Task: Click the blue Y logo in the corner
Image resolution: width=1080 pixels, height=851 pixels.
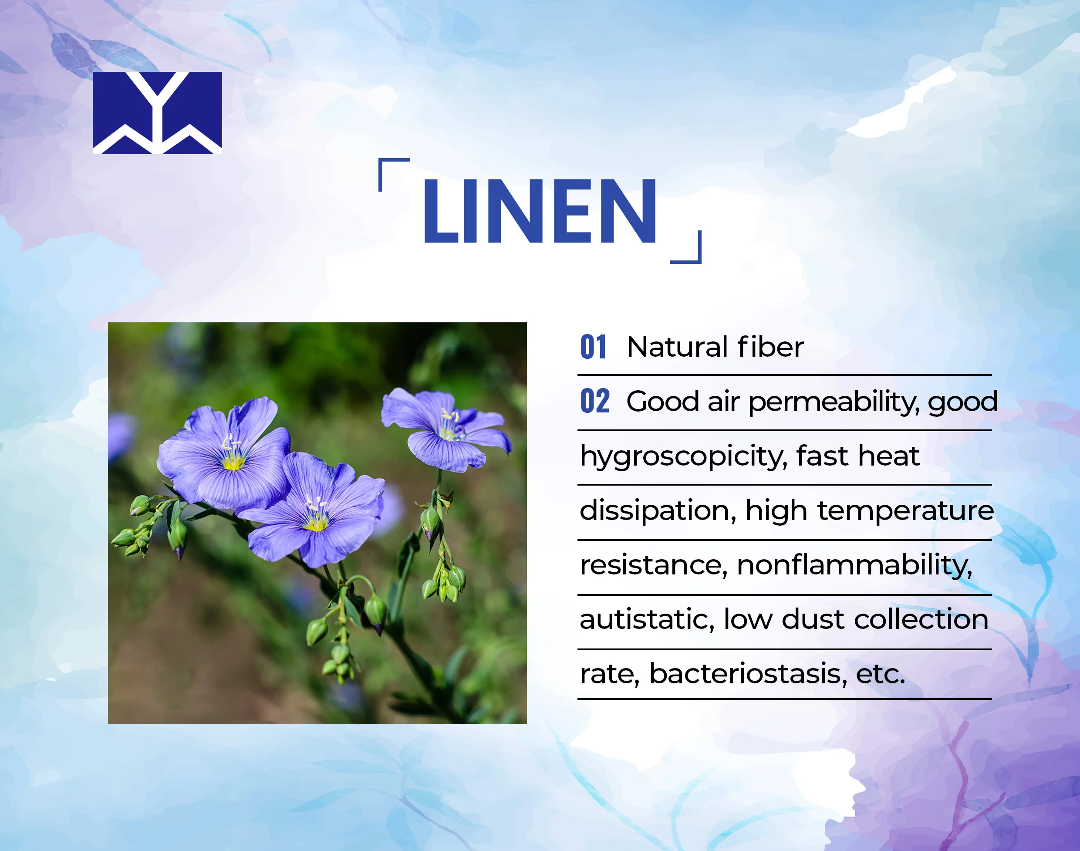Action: [157, 113]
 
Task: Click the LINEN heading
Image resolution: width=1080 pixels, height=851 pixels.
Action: [540, 211]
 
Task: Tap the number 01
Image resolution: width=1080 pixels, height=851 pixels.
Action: [593, 347]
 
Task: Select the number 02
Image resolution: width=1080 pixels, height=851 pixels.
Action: [594, 401]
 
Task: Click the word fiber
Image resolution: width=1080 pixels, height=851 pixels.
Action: [771, 347]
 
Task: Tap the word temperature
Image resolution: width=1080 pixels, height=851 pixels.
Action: [906, 511]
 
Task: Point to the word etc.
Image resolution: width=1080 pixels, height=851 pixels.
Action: [880, 675]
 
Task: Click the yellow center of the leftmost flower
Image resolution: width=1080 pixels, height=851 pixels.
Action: [233, 463]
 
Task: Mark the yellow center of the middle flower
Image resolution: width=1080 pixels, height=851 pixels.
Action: [315, 523]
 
